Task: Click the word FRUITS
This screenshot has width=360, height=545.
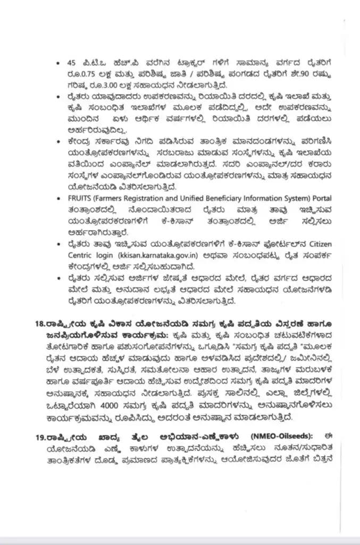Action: [87, 198]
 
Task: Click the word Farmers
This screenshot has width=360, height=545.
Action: [115, 198]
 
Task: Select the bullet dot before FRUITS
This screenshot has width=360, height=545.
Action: [64, 198]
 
